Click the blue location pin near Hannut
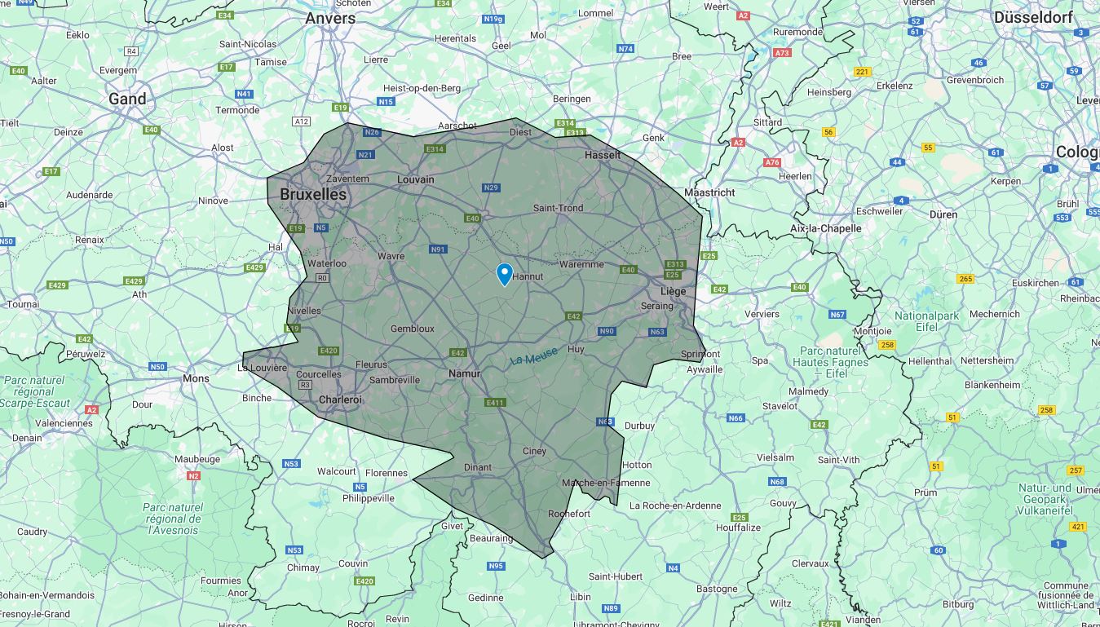click(505, 273)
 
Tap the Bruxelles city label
click(313, 194)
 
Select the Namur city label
click(464, 373)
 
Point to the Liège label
click(673, 291)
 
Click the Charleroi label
click(340, 400)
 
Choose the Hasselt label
click(603, 155)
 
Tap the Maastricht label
click(709, 192)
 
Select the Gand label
click(128, 99)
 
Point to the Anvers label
click(330, 18)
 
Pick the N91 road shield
click(438, 249)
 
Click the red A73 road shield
click(782, 53)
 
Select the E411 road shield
click(495, 403)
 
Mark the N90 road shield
click(606, 331)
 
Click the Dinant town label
click(478, 467)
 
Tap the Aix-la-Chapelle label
click(825, 228)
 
